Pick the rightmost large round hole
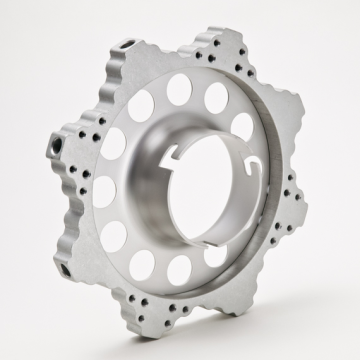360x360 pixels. [x=242, y=127]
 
